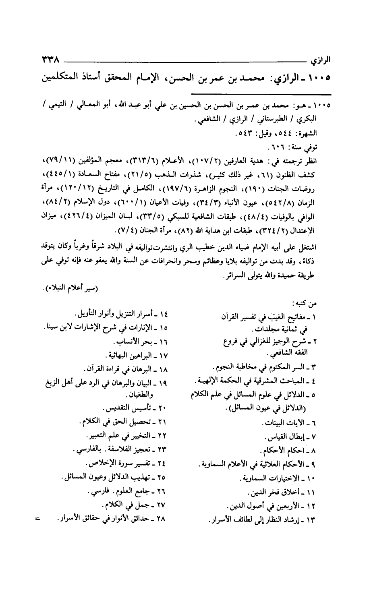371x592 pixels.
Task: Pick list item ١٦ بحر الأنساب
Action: [141, 342]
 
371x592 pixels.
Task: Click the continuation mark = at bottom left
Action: [37, 518]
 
